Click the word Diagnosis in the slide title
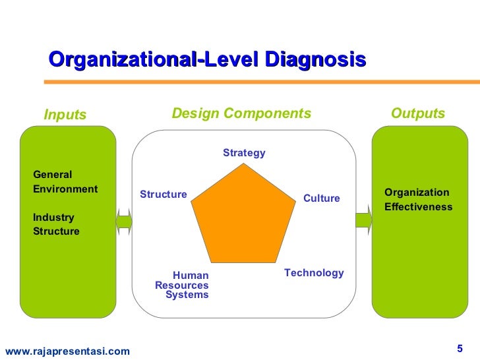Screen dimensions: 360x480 coord(315,60)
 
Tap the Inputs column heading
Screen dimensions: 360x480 coord(65,115)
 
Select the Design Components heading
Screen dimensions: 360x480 coord(241,113)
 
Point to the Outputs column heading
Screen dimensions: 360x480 coord(418,113)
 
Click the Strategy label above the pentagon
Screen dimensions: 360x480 coord(244,153)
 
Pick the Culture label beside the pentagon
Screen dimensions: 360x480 coord(321,198)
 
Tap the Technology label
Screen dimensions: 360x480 coord(314,273)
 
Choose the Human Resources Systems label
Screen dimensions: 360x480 coord(183,285)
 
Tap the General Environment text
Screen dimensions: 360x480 coord(65,182)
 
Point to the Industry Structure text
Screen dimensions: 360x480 coord(56,224)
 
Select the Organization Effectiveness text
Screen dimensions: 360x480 coord(418,200)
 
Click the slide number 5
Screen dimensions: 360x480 coord(460,347)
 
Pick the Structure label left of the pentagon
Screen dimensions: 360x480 coord(164,195)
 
